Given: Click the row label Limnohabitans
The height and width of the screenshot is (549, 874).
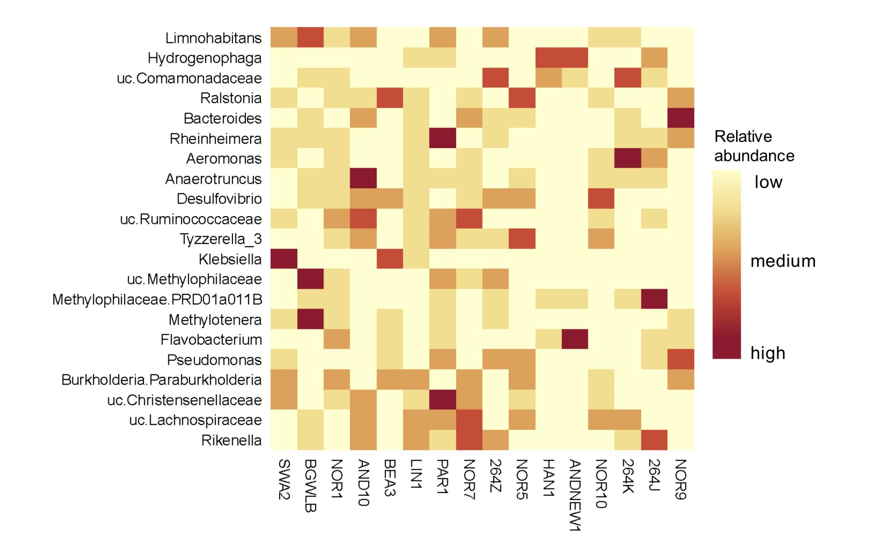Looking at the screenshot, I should coord(213,38).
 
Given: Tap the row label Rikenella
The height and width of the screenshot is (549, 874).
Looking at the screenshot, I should coord(231,440).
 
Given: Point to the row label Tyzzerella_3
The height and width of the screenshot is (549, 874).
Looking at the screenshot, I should coord(220,239).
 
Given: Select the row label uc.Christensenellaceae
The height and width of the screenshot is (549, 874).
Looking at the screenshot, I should coord(184,400).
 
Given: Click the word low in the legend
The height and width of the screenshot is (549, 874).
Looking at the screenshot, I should coord(768,182).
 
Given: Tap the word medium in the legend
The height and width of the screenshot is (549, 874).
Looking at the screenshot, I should coord(783,261).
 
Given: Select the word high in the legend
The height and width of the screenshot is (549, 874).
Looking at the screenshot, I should coord(768,353).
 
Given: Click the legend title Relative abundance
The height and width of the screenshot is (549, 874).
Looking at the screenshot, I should coord(754,146).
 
